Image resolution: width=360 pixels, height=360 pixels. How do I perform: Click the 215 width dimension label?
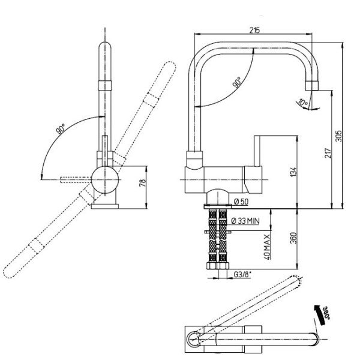click(254, 30)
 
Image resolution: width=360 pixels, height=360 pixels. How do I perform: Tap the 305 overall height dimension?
click(338, 136)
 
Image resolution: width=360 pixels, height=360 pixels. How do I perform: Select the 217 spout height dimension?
click(328, 153)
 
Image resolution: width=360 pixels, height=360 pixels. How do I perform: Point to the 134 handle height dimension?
click(293, 172)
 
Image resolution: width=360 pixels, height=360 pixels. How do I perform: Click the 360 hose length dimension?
click(293, 238)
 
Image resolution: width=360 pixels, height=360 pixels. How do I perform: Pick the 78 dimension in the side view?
click(143, 183)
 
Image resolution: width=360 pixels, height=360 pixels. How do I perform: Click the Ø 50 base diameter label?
click(241, 202)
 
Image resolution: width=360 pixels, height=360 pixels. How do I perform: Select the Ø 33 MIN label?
click(245, 221)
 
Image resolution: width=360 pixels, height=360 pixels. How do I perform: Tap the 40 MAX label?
click(266, 247)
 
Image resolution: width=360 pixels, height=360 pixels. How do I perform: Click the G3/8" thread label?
click(242, 274)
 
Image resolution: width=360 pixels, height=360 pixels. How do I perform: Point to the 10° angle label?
click(303, 103)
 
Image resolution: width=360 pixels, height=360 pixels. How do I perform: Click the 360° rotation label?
click(326, 313)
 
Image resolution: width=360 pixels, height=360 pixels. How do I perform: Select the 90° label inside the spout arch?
click(237, 82)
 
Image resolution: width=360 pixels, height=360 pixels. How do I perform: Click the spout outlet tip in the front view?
click(312, 86)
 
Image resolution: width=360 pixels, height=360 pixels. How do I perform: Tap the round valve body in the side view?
click(105, 180)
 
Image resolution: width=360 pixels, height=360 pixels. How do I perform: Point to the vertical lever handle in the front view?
click(258, 151)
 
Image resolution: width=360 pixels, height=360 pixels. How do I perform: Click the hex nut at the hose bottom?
click(218, 266)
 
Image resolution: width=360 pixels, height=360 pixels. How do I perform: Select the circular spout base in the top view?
click(194, 339)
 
